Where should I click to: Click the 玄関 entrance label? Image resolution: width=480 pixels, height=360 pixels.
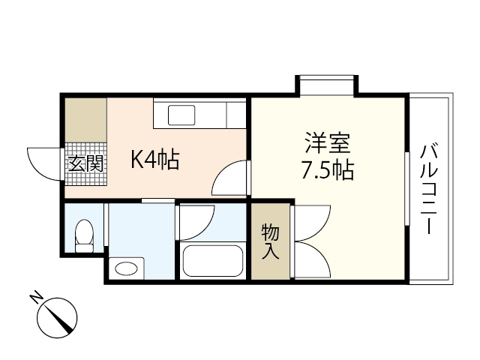tap(85, 163)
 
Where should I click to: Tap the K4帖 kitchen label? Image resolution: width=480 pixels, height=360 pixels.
tap(155, 159)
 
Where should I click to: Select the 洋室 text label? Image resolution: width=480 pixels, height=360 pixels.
tap(328, 142)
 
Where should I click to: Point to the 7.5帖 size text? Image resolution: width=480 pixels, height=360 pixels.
tap(328, 171)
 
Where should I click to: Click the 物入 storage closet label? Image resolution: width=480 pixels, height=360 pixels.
tap(270, 241)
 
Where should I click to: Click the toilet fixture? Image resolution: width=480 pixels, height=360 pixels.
tap(85, 235)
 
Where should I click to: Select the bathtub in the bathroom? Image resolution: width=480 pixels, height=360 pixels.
tap(214, 262)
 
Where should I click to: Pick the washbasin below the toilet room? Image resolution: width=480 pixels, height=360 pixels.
tap(127, 268)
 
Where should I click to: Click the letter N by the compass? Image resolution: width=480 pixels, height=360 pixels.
tap(35, 297)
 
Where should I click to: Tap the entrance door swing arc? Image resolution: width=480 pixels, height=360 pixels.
tap(43, 163)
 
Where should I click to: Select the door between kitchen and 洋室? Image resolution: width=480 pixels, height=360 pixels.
tap(231, 180)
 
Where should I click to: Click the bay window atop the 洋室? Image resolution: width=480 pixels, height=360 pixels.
tap(326, 83)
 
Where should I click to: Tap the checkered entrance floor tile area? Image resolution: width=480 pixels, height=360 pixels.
tap(85, 161)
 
